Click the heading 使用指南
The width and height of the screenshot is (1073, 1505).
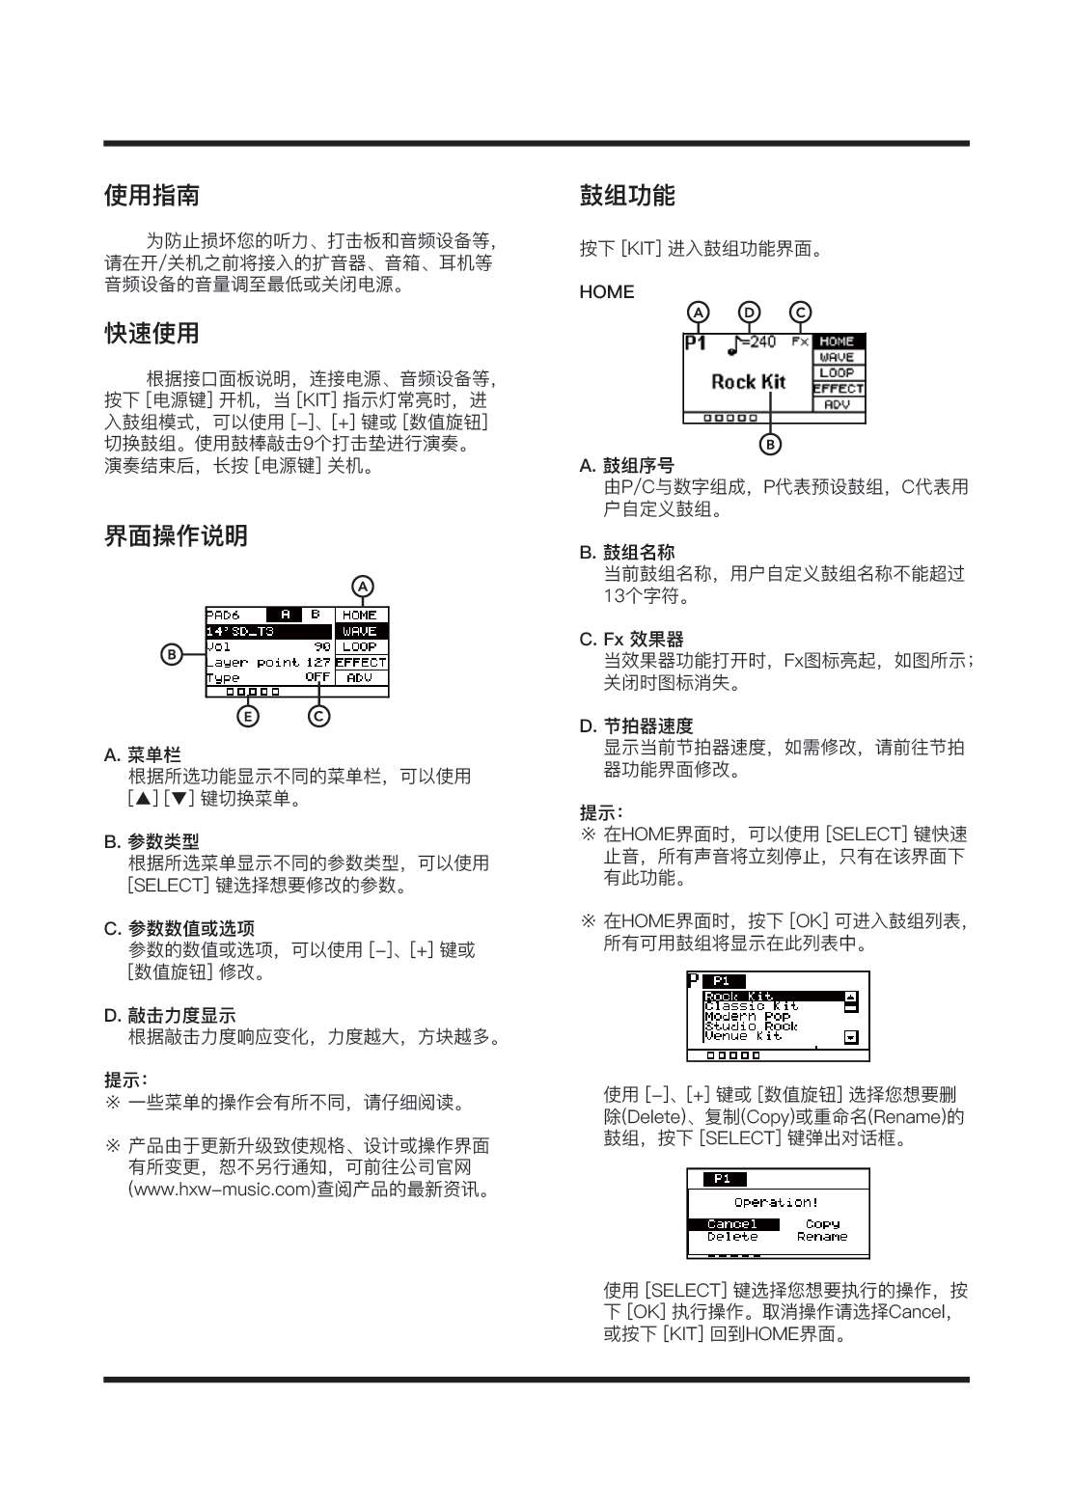click(x=151, y=196)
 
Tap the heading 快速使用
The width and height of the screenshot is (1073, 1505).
click(x=151, y=334)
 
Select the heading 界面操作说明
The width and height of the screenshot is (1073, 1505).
click(x=176, y=536)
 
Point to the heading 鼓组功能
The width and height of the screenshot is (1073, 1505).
click(x=627, y=196)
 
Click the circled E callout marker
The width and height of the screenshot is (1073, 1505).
click(x=249, y=716)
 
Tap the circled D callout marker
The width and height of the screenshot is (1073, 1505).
click(x=749, y=313)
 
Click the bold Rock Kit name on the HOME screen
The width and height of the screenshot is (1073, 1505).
click(x=749, y=382)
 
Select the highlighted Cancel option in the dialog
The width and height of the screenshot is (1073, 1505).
click(x=732, y=1224)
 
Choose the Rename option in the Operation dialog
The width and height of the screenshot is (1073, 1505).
click(x=822, y=1237)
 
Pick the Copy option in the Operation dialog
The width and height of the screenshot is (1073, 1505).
click(x=822, y=1224)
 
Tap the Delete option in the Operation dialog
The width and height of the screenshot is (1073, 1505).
click(x=732, y=1237)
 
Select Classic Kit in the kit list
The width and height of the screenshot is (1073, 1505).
click(x=752, y=1006)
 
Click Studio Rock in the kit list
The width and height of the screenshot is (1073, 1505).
click(x=752, y=1026)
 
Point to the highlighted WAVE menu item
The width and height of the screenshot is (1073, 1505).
click(x=360, y=631)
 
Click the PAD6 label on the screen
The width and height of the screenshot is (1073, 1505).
click(x=223, y=615)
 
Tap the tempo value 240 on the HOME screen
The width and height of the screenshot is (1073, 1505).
click(x=762, y=342)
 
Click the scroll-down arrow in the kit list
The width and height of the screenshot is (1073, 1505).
click(x=851, y=1038)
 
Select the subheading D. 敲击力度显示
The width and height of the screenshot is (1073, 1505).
click(x=170, y=1016)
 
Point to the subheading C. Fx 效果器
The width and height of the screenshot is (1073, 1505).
click(x=632, y=640)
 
